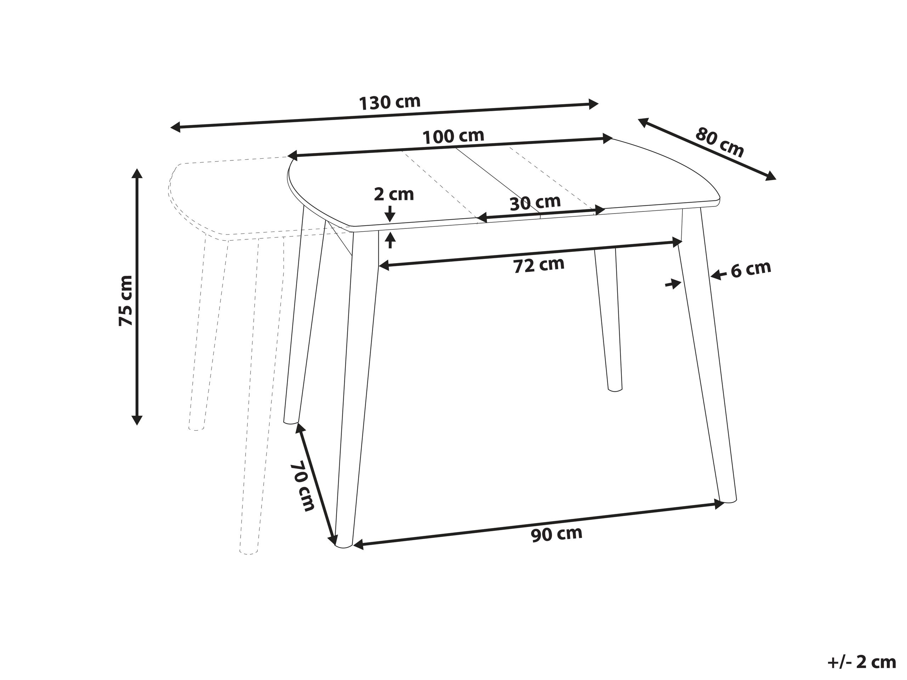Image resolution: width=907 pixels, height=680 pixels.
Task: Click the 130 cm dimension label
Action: pos(390,102)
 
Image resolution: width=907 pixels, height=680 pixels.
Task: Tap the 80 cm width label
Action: pos(720,142)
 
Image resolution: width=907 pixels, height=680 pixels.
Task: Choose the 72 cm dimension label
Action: pos(539,265)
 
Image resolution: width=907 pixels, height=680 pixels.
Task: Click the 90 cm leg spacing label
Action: pos(556,534)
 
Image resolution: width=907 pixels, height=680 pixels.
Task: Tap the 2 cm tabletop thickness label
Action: pos(394,194)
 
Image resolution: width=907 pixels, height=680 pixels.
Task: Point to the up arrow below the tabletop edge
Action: pos(390,239)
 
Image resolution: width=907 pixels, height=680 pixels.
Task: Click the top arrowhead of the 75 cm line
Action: pos(137,172)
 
